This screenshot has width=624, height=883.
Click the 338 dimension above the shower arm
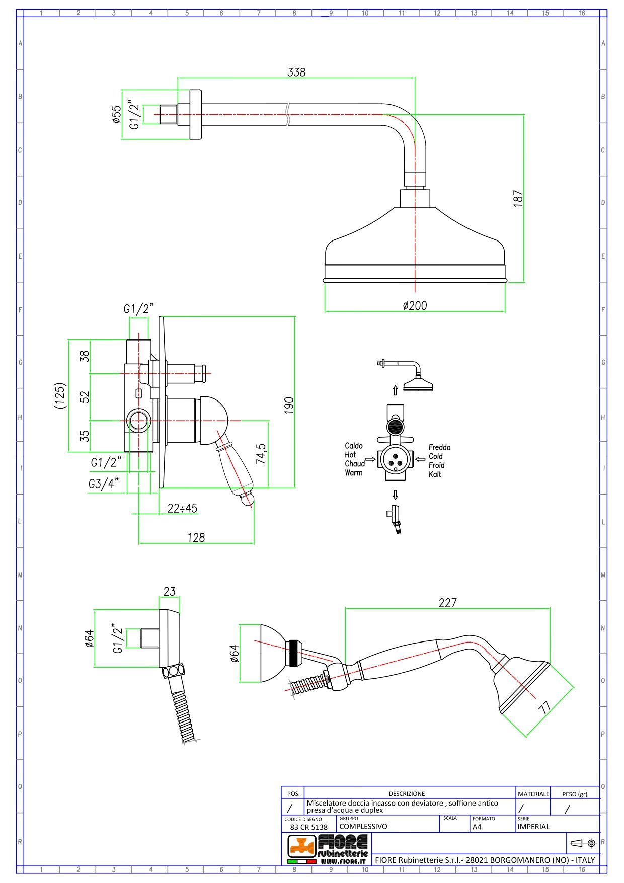(296, 72)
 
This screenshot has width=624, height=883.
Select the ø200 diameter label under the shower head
(415, 305)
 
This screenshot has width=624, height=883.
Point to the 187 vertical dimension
(518, 198)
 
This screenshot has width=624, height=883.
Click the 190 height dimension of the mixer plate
(289, 405)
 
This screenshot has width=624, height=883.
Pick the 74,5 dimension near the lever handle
(261, 453)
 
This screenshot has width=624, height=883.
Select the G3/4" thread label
(104, 484)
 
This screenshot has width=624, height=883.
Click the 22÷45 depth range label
(182, 508)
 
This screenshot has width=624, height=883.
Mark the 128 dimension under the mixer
(196, 537)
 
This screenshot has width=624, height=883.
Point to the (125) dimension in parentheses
(60, 395)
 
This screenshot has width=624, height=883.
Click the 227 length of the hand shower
(447, 602)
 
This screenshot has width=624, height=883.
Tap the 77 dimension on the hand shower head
(544, 708)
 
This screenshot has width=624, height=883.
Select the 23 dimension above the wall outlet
(170, 591)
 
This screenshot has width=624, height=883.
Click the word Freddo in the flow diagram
(439, 447)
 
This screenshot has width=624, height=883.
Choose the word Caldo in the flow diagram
(353, 446)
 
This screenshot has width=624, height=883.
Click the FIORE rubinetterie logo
(328, 849)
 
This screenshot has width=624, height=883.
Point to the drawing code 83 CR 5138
(308, 827)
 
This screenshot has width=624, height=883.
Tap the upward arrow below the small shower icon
(395, 390)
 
